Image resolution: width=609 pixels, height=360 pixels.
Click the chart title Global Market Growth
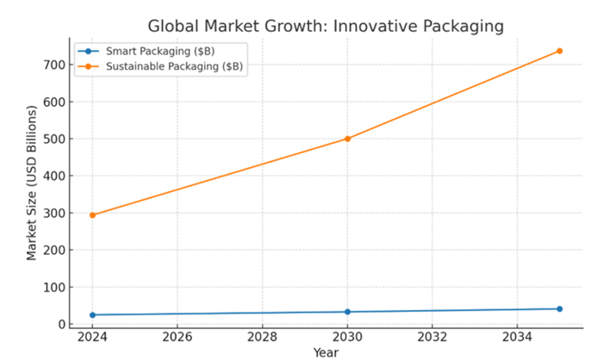click(x=326, y=27)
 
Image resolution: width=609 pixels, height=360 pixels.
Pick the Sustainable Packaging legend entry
click(x=162, y=65)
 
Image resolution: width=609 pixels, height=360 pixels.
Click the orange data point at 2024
click(x=92, y=215)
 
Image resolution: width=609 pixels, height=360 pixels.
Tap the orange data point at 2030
click(x=348, y=139)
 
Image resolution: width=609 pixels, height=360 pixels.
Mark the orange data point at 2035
click(x=560, y=51)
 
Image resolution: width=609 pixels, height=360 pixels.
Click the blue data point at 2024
click(x=92, y=315)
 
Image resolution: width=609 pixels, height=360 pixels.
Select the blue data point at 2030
click(x=348, y=312)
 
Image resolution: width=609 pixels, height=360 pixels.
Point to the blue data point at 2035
click(x=560, y=308)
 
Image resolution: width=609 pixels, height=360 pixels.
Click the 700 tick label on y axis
click(x=53, y=65)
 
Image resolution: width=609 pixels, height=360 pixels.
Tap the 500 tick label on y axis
click(x=53, y=139)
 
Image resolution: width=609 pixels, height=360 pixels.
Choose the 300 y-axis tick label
click(x=53, y=213)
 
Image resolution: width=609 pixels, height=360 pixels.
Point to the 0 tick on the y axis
click(x=60, y=325)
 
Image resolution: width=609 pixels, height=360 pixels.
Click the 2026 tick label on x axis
click(x=177, y=338)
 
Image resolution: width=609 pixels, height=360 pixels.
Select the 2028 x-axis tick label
click(x=262, y=338)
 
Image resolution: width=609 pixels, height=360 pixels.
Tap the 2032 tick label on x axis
click(x=432, y=338)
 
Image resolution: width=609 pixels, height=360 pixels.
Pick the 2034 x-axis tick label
click(x=517, y=338)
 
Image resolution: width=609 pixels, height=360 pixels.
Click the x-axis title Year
click(x=326, y=352)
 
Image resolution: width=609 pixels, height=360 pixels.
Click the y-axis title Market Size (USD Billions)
click(x=32, y=183)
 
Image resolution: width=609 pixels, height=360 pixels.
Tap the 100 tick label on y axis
click(x=53, y=288)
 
